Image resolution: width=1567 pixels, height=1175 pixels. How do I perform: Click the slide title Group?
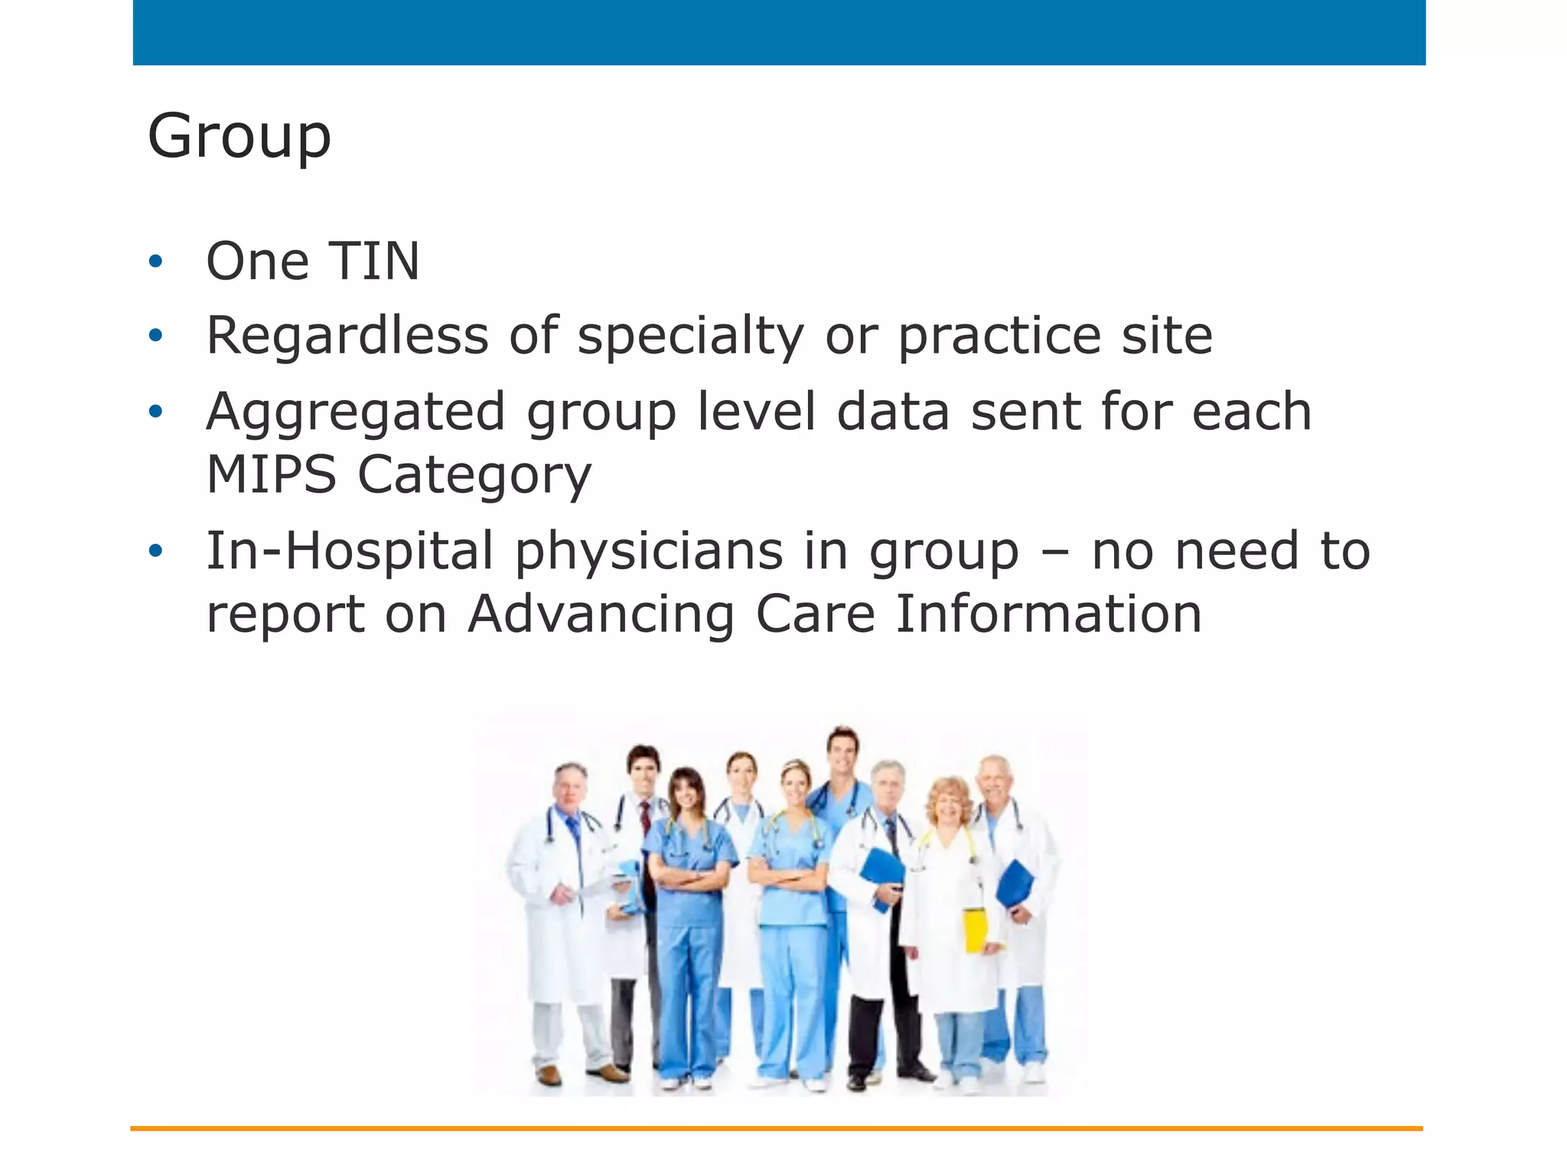(239, 136)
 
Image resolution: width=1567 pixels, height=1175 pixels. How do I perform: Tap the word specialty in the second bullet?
(690, 337)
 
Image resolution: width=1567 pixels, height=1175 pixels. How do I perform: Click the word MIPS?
(272, 474)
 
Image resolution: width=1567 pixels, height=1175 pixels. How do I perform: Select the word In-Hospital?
(350, 551)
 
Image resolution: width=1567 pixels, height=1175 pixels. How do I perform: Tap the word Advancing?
(601, 615)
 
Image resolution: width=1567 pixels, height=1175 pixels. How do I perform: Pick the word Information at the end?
(1048, 614)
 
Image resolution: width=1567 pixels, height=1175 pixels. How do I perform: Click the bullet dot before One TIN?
(156, 262)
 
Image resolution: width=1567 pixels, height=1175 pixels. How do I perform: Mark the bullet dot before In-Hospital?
(156, 551)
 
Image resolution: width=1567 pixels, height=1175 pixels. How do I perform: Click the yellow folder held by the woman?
(975, 929)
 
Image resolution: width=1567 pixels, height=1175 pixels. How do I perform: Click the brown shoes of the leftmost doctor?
(582, 1075)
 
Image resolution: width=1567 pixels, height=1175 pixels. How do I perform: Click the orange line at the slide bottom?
(776, 1128)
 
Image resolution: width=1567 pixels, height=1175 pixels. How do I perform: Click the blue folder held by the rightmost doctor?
(1015, 884)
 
